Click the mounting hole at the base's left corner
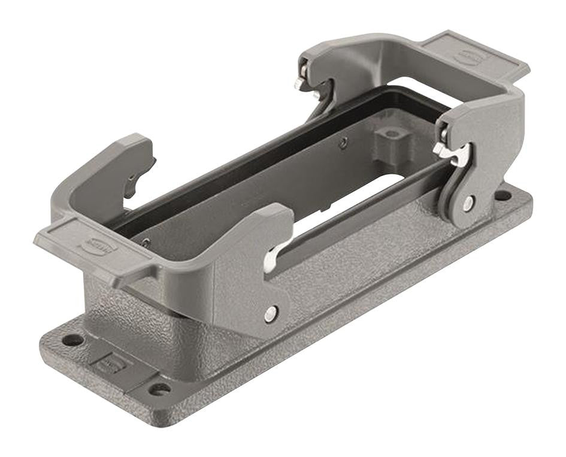(73, 340)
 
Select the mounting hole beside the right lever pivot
(504, 195)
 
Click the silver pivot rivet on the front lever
(272, 311)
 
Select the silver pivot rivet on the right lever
(467, 204)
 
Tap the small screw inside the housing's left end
(146, 241)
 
